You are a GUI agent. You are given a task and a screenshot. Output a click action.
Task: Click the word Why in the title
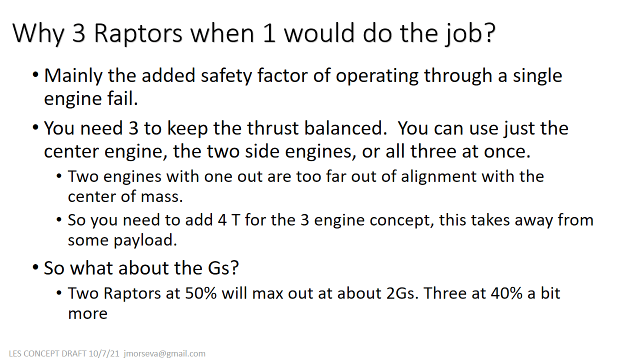coord(38,34)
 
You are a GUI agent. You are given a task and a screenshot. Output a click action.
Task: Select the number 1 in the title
coord(269,33)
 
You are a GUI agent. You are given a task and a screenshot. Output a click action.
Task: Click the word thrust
coord(272,128)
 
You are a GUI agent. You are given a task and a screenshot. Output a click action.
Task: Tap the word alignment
coord(438,177)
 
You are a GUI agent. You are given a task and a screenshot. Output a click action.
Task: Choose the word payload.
coord(145,240)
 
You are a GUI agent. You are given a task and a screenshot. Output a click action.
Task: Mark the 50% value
coord(201,293)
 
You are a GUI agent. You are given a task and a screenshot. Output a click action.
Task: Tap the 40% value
coord(507,293)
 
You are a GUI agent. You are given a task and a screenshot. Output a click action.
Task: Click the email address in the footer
coord(164,353)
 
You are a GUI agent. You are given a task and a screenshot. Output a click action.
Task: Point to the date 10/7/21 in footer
coord(104,353)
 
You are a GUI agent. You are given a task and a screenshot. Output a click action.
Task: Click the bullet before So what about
coord(35,268)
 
